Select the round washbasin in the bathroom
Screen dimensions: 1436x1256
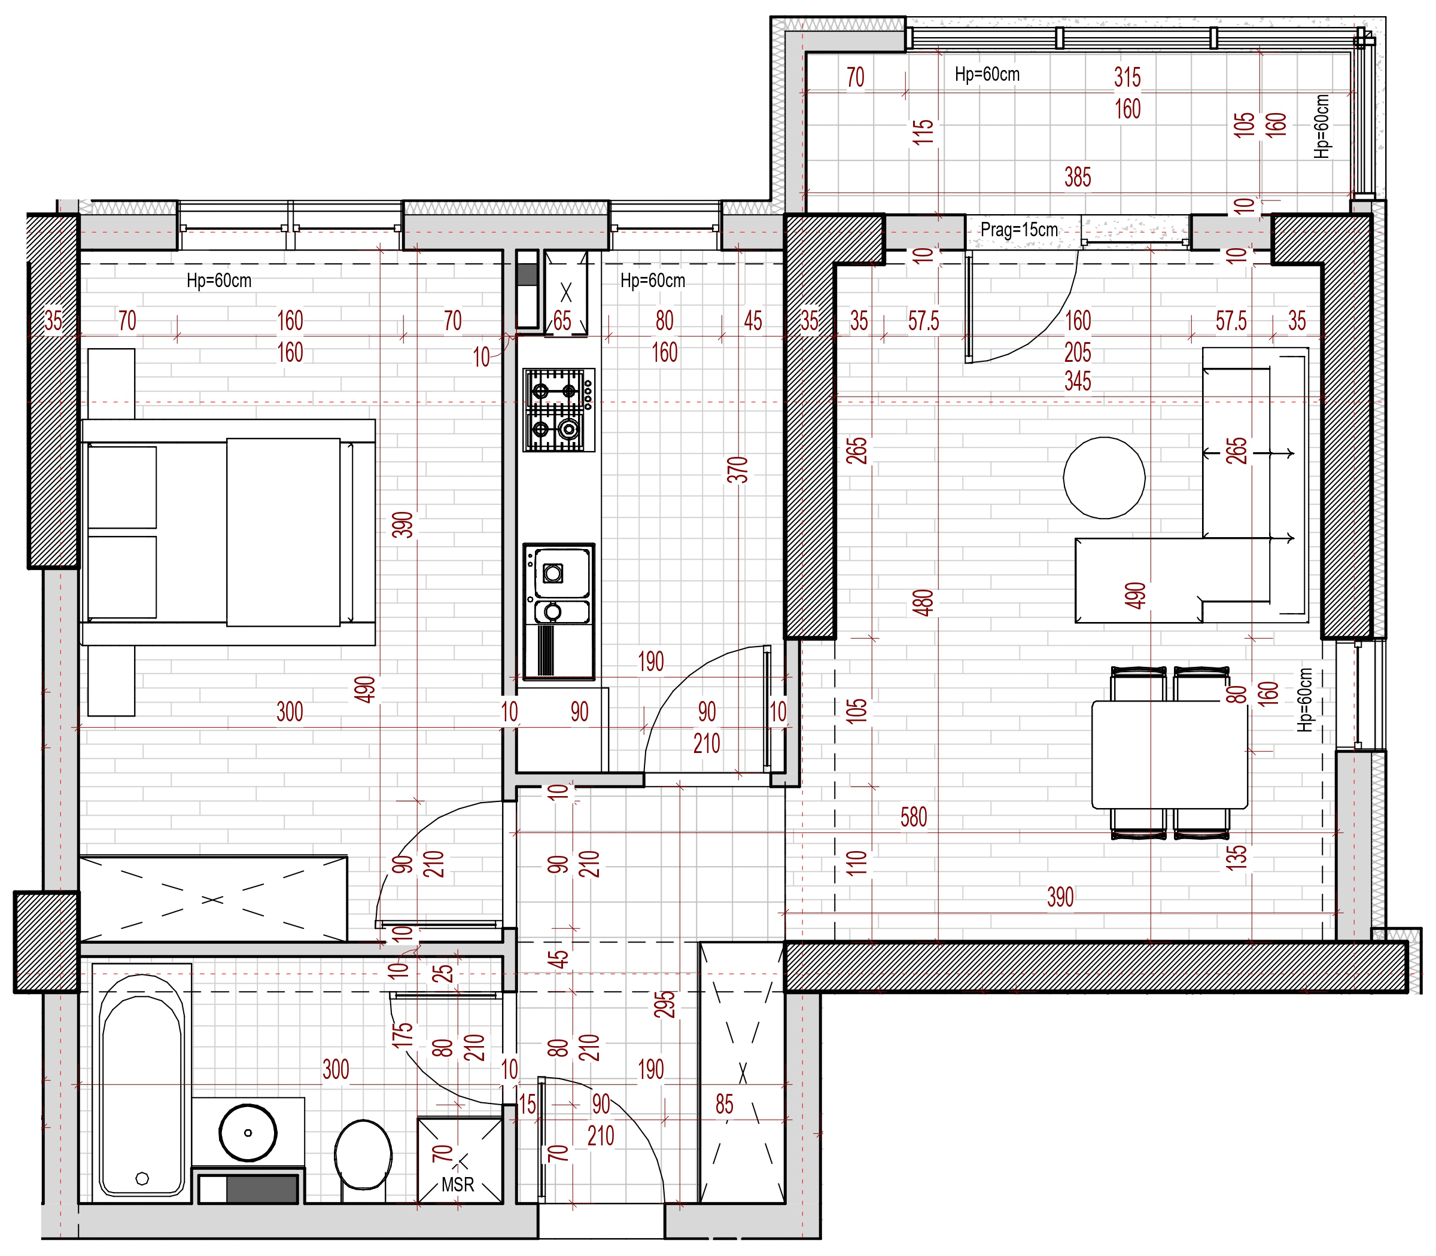click(x=248, y=1133)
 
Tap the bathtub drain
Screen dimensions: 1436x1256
click(x=142, y=1179)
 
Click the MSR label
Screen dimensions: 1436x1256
click(x=458, y=1184)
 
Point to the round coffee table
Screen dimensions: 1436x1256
click(x=1104, y=478)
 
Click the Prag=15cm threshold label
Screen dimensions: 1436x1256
click(x=1019, y=229)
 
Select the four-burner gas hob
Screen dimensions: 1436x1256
click(x=559, y=410)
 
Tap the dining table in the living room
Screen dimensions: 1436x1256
click(x=1170, y=754)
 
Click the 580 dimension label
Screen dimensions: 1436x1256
click(x=914, y=817)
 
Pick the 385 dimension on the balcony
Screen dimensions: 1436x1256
click(x=1078, y=177)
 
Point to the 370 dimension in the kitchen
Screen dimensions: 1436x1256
click(x=738, y=470)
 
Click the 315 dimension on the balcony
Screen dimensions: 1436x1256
click(x=1127, y=77)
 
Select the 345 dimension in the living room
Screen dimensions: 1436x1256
click(x=1078, y=382)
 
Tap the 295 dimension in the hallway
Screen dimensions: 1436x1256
click(x=665, y=1004)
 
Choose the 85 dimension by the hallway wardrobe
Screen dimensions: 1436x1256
click(x=725, y=1105)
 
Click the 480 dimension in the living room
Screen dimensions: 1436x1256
click(x=923, y=603)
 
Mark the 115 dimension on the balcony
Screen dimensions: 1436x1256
click(x=923, y=132)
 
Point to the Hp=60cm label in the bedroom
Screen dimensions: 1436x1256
click(x=219, y=281)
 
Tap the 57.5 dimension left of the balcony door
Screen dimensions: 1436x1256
click(x=923, y=321)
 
